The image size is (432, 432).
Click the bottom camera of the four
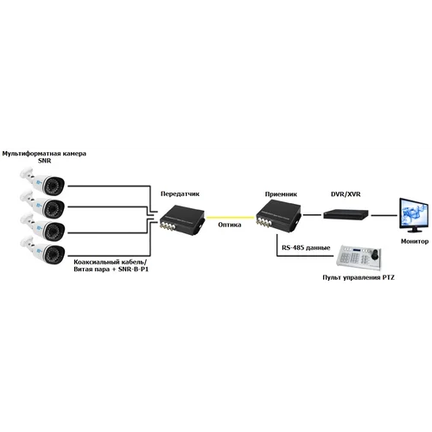(43, 253)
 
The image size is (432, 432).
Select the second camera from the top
(43, 207)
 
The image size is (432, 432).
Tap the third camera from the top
(43, 230)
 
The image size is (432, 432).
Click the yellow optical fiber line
(230, 216)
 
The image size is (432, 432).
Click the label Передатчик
(172, 196)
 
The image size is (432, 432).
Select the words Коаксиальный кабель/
(105, 261)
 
